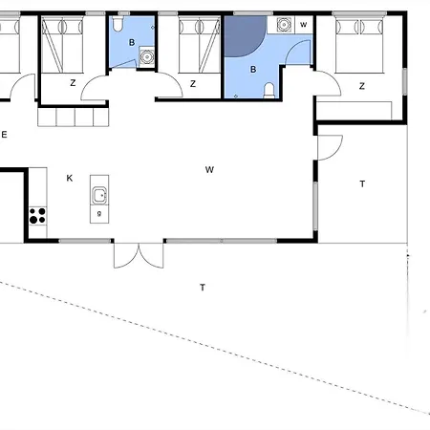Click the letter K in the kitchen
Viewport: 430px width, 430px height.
coord(69,178)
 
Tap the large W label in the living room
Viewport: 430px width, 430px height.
coord(209,170)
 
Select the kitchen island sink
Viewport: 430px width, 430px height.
coord(98,196)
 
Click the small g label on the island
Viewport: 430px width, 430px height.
coord(98,213)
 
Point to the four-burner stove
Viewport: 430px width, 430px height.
coord(38,215)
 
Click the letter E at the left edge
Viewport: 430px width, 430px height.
coord(5,135)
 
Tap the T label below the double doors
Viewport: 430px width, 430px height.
coord(202,287)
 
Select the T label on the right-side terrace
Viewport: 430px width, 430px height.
coord(362,183)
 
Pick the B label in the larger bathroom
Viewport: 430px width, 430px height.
coord(253,70)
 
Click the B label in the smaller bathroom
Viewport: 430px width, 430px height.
coord(132,43)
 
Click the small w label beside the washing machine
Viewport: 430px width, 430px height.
coord(304,24)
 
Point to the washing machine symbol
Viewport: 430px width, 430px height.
coord(285,25)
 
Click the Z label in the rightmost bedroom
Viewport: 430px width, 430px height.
coord(362,86)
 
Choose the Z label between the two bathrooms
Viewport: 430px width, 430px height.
coord(193,84)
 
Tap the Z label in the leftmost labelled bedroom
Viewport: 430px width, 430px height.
coord(73,83)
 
